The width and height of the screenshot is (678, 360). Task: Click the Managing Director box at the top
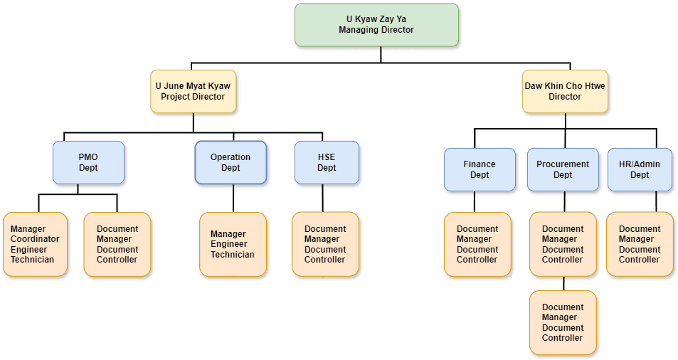[x=376, y=25]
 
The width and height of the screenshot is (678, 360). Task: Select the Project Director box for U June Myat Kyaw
[x=193, y=91]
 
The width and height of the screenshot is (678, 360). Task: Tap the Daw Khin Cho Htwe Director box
[x=565, y=91]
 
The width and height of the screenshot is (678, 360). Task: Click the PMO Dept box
[x=89, y=162]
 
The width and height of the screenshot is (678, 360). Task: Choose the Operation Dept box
[x=231, y=162]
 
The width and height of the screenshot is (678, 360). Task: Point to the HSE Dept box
[x=327, y=162]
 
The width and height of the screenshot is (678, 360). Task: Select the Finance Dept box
[x=479, y=169]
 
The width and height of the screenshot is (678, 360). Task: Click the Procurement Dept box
[x=562, y=169]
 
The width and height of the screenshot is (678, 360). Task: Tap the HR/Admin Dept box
[x=639, y=169]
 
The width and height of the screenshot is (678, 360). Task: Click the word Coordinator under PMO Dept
[x=35, y=239]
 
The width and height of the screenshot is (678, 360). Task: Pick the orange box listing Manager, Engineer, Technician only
[x=233, y=244]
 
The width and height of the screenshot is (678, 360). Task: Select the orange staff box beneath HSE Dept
[x=326, y=244]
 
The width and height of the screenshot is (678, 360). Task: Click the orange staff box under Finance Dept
[x=477, y=244]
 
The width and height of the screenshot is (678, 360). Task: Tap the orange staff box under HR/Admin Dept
[x=639, y=244]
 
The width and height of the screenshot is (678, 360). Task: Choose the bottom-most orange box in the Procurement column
[x=562, y=322]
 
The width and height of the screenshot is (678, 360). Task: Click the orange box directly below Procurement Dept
[x=562, y=244]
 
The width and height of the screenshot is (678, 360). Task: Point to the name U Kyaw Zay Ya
[x=376, y=19]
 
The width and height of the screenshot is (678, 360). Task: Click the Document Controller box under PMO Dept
[x=117, y=244]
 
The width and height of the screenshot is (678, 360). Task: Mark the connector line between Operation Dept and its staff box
[x=233, y=198]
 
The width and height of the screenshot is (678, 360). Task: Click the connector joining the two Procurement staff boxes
[x=563, y=283]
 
